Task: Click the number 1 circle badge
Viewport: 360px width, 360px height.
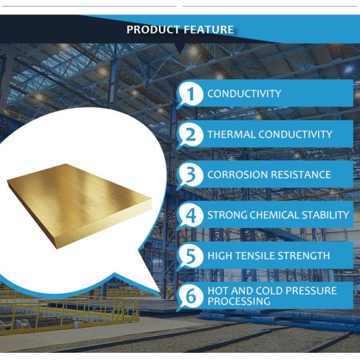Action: coord(191,94)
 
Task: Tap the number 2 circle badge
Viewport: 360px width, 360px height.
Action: coord(191,134)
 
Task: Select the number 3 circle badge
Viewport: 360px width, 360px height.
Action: coord(191,175)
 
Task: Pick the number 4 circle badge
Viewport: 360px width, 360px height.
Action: coord(191,215)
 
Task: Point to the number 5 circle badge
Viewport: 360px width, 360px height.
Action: coord(191,256)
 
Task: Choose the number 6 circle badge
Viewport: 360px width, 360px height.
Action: coord(191,296)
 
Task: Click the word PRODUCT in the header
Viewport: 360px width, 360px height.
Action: coord(150,29)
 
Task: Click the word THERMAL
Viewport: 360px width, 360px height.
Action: coord(228,134)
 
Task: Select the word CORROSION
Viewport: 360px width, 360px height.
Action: coord(236,175)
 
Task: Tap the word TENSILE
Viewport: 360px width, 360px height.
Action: coord(256,256)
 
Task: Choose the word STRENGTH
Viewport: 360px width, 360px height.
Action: coord(304,256)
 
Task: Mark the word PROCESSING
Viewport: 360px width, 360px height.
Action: coord(238,301)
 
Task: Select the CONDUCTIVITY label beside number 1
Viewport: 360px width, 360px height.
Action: coord(244,94)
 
